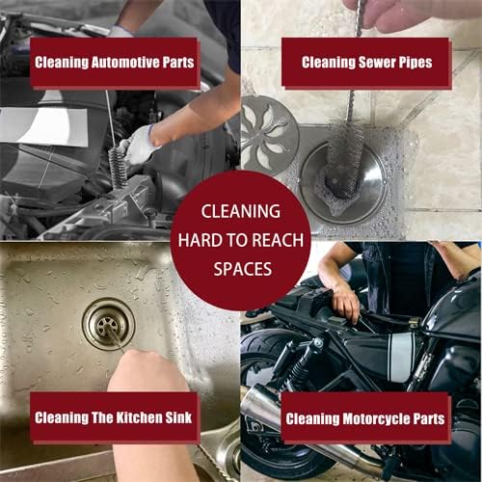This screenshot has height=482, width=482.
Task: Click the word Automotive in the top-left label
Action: pos(116,64)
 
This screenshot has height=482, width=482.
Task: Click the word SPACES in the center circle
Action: pos(240,270)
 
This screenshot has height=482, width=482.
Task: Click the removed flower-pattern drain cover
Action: pos(269,135)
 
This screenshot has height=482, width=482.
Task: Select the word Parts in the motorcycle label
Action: pos(425,419)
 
